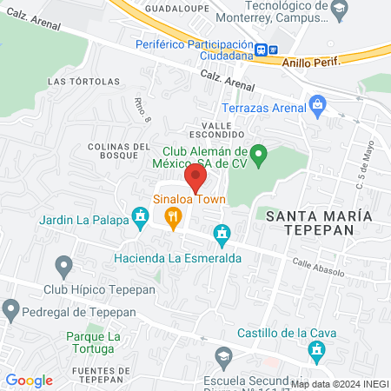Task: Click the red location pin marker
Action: click(x=195, y=177)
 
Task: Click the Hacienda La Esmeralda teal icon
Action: click(x=222, y=233)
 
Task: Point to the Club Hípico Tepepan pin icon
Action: click(x=63, y=265)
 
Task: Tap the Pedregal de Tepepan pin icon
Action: click(x=10, y=308)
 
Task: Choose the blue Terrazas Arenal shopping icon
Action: click(x=317, y=107)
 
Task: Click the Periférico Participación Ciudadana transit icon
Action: click(x=266, y=50)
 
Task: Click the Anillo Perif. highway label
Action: click(x=309, y=60)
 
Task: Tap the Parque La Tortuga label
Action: click(x=89, y=342)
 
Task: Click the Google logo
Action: click(x=29, y=381)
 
